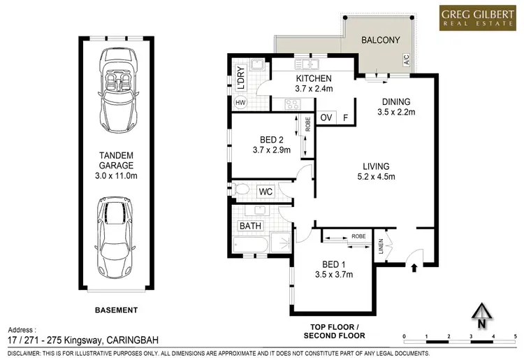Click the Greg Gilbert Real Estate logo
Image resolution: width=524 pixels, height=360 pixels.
(474, 18)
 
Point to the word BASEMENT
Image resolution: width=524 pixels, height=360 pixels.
(116, 310)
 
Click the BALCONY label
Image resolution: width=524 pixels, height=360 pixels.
(380, 41)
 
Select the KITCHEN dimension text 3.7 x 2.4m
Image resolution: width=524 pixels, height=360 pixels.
(304, 89)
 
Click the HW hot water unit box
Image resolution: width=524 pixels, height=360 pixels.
(241, 103)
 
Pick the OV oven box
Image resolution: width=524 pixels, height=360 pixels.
(326, 117)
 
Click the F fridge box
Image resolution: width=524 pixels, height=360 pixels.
(345, 117)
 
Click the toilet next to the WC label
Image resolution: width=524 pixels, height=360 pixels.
(242, 189)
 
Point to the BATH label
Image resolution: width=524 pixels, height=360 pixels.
(251, 226)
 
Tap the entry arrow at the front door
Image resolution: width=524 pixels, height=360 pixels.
(415, 266)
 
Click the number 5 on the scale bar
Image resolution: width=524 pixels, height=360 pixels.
(493, 336)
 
